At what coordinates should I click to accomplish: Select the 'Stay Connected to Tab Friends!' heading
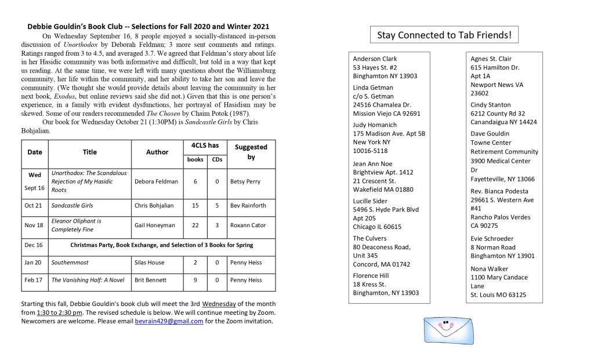(x=444, y=35)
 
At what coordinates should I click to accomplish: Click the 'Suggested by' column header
(x=251, y=152)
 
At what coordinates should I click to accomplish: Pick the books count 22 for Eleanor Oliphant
(x=195, y=224)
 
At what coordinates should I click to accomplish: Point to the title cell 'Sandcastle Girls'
(x=72, y=205)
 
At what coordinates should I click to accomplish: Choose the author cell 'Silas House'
(x=149, y=263)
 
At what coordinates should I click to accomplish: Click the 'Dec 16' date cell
(x=34, y=245)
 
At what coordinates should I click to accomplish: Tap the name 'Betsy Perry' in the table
(x=245, y=181)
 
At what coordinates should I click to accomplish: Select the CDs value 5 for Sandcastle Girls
(x=216, y=205)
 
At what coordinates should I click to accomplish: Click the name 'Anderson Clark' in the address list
(x=375, y=59)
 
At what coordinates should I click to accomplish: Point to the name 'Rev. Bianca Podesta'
(x=499, y=191)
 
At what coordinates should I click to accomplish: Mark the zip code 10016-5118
(x=372, y=151)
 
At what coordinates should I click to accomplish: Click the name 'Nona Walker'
(x=489, y=268)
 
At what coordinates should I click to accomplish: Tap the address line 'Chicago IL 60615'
(x=377, y=227)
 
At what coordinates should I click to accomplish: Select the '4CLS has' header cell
(x=205, y=146)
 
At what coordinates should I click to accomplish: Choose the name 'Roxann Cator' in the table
(x=247, y=224)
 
